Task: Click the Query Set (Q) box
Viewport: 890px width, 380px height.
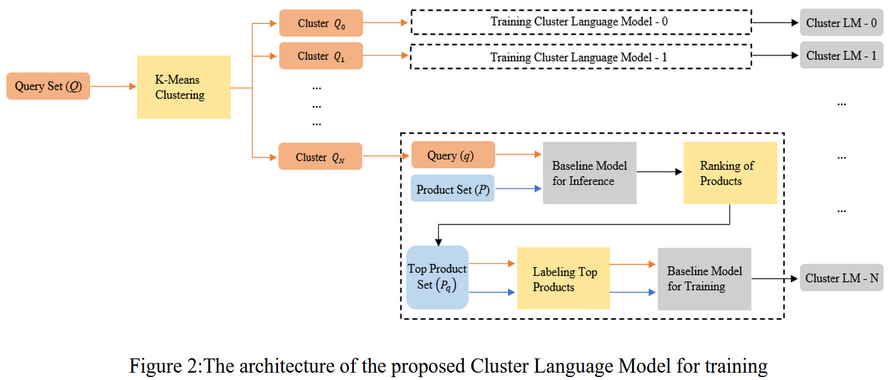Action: coord(48,86)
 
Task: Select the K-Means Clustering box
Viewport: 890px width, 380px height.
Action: coord(183,87)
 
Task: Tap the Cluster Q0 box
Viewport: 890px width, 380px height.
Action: coord(321,23)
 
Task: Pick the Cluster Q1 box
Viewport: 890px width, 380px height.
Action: coord(321,56)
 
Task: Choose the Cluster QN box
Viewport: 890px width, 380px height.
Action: coord(320,156)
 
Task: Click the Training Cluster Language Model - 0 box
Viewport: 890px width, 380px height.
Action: coord(581,23)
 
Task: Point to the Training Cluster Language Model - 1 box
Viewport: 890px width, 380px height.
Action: coord(581,57)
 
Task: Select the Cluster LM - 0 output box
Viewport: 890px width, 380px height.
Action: coord(842,23)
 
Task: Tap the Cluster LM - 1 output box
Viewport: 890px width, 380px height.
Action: coord(842,56)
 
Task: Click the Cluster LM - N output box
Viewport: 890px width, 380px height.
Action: coord(842,278)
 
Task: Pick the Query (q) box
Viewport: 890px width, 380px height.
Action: coord(452,155)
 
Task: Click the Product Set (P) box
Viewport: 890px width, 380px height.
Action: coord(452,189)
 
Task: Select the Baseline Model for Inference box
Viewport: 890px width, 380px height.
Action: coord(589,173)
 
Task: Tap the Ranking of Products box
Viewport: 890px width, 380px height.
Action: coord(730,173)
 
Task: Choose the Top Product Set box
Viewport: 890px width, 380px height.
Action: coord(437,277)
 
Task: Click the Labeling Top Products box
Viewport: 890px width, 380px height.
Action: coord(563,279)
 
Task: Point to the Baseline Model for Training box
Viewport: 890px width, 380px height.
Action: coord(704,279)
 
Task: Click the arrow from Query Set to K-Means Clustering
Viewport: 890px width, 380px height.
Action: coord(113,87)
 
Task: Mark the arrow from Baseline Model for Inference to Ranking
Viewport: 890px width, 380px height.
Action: coord(660,172)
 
